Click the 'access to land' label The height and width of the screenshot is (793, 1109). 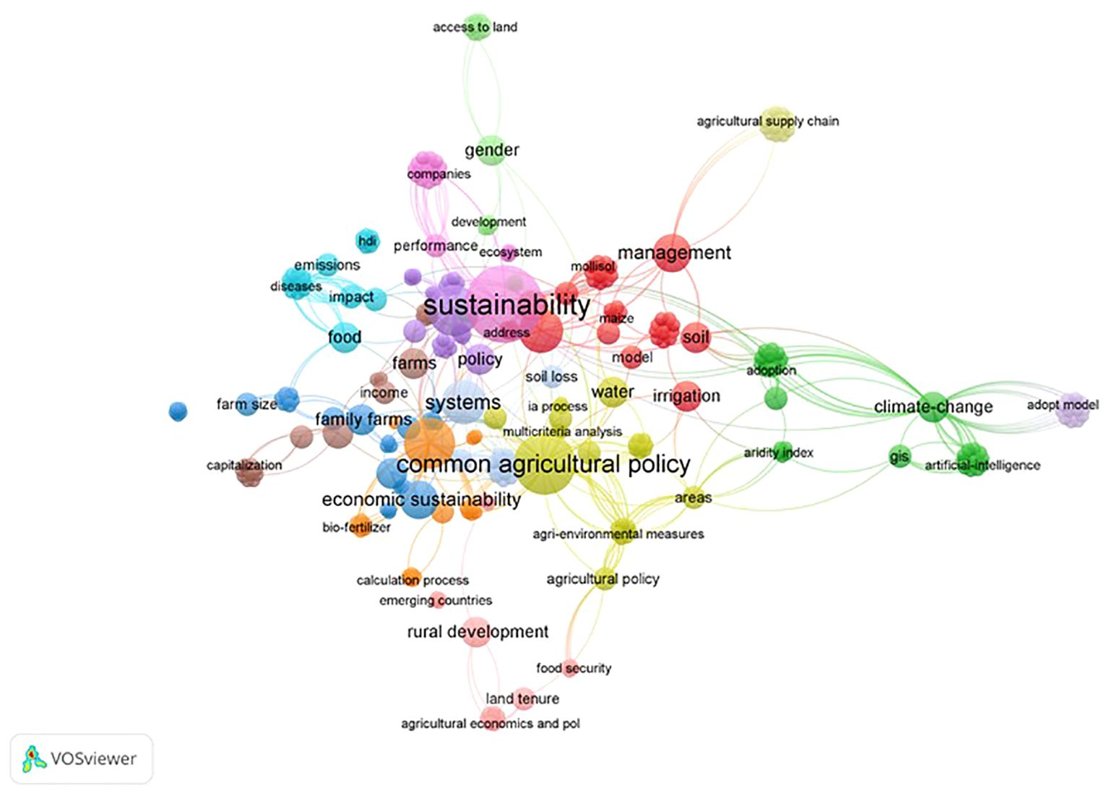coord(475,27)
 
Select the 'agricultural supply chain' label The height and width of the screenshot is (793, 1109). coord(767,121)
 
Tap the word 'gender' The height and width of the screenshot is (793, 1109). coord(491,150)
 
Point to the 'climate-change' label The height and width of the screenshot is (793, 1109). coord(933,407)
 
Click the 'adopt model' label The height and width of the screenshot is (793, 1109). coord(1062,405)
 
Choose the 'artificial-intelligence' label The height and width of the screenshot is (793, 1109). coord(982,466)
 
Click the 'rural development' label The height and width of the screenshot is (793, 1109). coord(478,632)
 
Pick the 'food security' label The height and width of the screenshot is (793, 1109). coord(574,669)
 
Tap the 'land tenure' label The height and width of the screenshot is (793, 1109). coord(522,699)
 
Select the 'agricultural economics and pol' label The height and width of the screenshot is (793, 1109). coord(490,724)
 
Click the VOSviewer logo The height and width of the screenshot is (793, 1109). coord(81,758)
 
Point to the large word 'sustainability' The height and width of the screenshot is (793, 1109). coord(506,306)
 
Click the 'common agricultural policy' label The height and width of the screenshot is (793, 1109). coord(543,465)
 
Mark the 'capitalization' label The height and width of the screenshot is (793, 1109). coord(244,466)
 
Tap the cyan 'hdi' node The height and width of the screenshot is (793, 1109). coord(368,241)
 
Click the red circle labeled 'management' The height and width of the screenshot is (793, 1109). coord(672,252)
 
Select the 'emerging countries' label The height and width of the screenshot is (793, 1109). coord(436,601)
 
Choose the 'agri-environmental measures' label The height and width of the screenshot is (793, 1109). coord(618,534)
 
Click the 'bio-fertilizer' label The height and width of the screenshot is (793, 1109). coord(356,528)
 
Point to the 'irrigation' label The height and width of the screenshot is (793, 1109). coord(686,396)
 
